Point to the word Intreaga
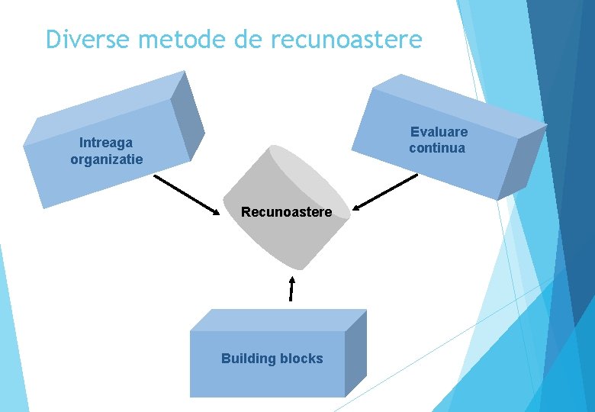click(x=106, y=143)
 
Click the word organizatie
click(x=106, y=159)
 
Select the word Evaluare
click(x=439, y=132)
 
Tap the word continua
click(x=436, y=148)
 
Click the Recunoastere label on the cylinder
click(x=286, y=212)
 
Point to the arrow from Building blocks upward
click(x=291, y=288)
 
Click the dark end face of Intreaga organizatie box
click(x=187, y=114)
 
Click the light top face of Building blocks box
click(x=278, y=320)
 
